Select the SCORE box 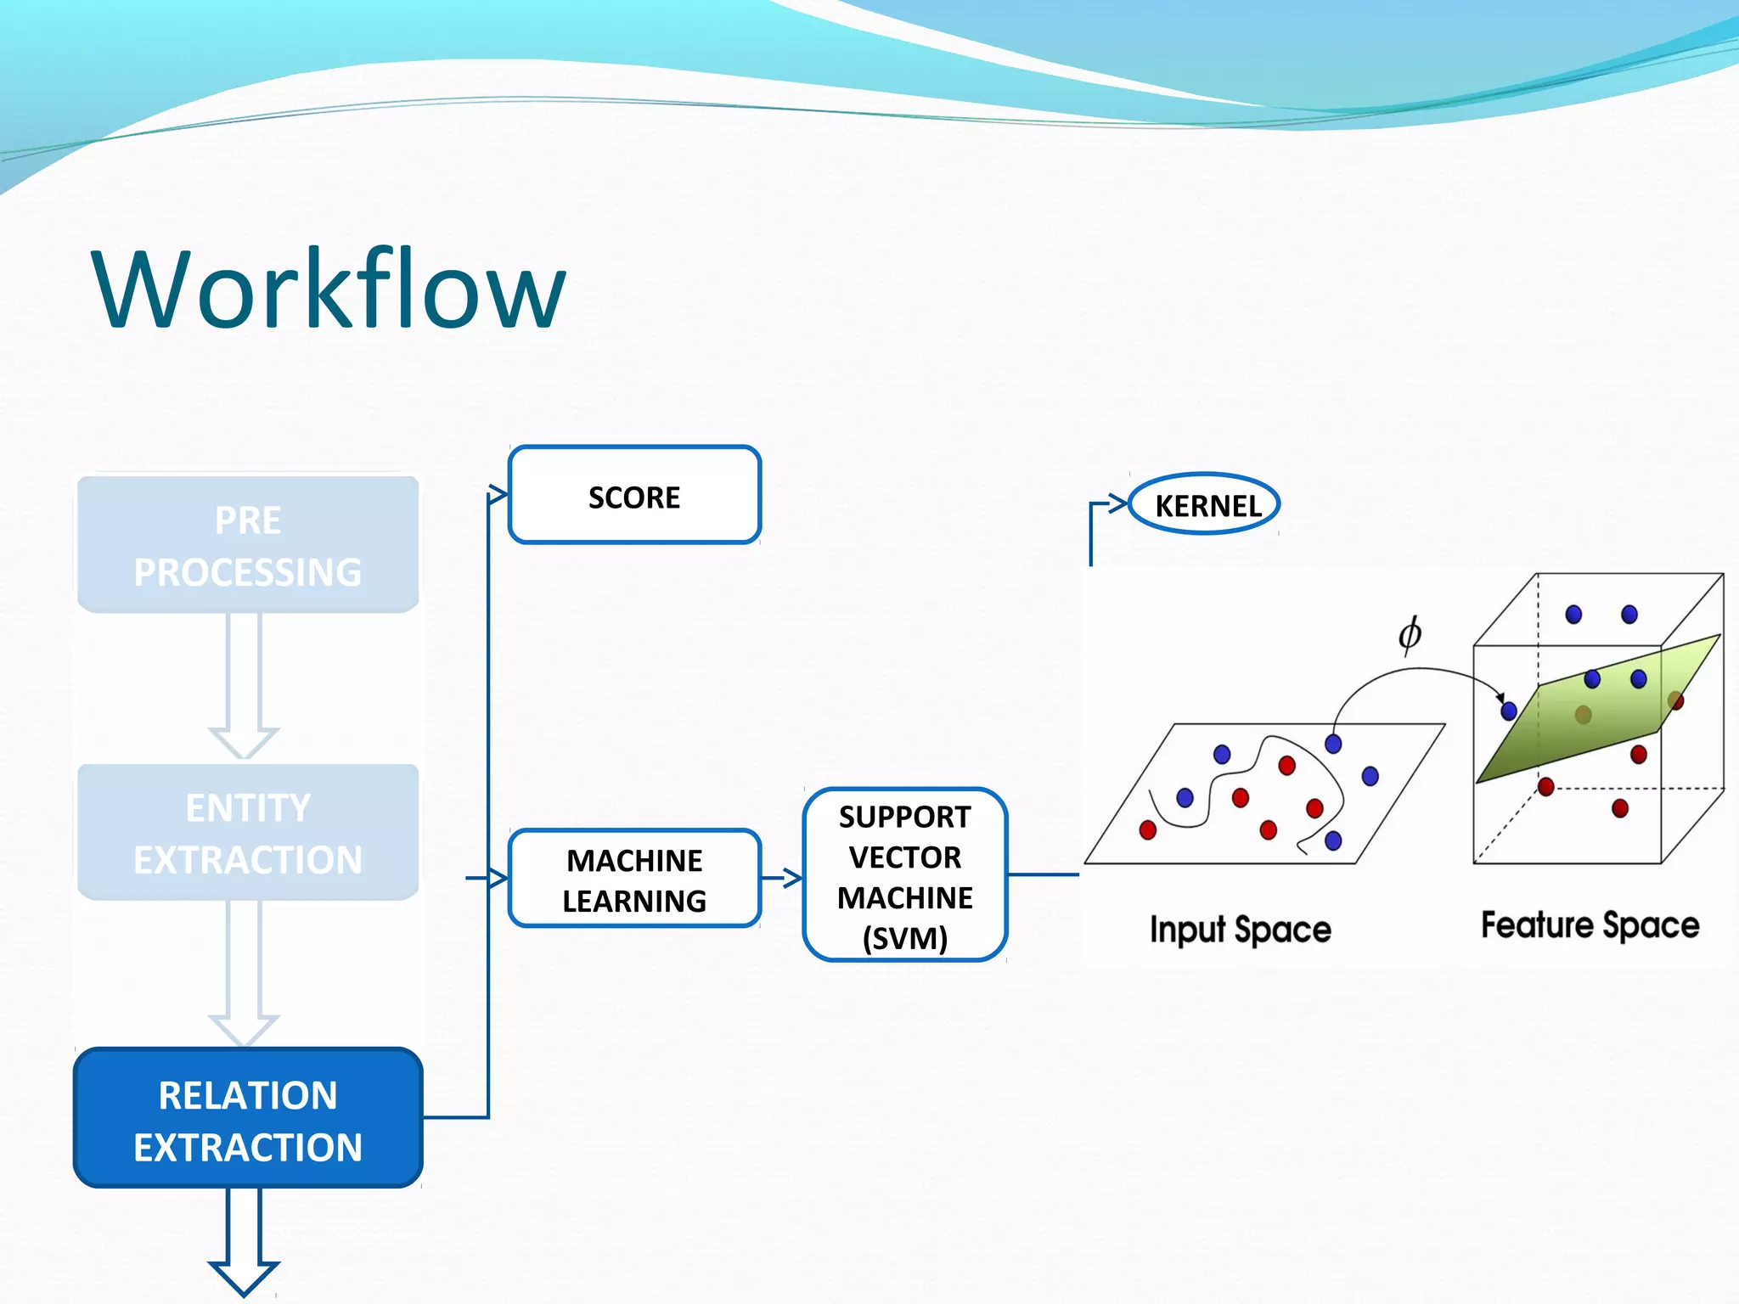[x=634, y=495]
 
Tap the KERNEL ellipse [x=1205, y=504]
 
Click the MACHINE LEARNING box [x=634, y=879]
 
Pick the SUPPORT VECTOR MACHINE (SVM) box [x=904, y=875]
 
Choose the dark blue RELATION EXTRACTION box [x=248, y=1117]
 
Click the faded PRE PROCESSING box [x=248, y=545]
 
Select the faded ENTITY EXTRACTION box [x=248, y=832]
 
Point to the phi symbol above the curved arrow [x=1410, y=634]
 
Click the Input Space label [x=1240, y=930]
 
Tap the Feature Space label [x=1590, y=925]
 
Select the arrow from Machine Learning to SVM [x=782, y=878]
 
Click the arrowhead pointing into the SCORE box [x=498, y=495]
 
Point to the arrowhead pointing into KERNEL [x=1117, y=503]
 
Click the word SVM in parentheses [x=904, y=938]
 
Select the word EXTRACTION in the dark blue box [x=248, y=1147]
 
